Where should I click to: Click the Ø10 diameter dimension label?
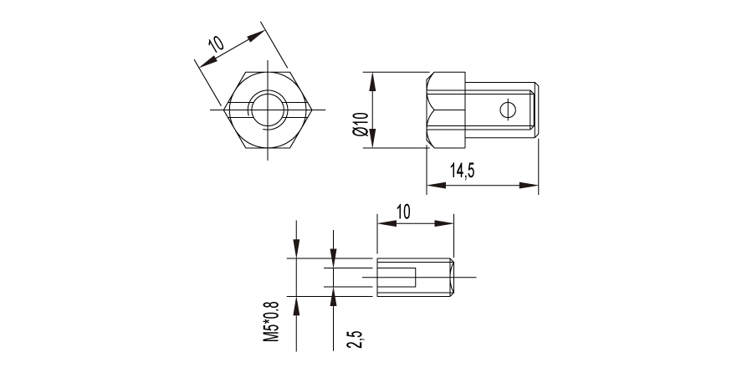361,124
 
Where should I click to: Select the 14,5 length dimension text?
462,171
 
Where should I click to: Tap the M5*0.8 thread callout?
271,321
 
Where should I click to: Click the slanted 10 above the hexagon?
216,43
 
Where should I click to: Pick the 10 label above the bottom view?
403,212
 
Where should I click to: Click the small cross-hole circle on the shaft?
508,110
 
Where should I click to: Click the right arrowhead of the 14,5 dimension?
529,186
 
